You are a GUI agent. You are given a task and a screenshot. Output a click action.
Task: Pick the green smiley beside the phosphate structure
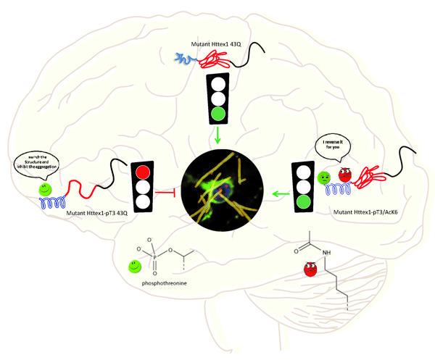click(135, 267)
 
